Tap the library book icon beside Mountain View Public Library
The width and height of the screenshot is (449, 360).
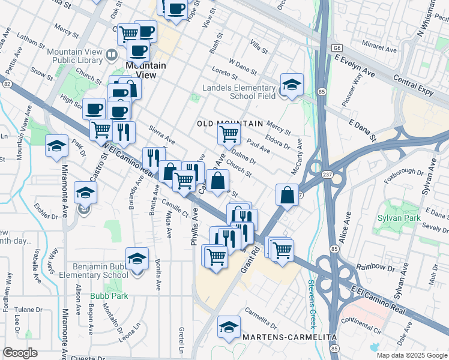tap(112, 56)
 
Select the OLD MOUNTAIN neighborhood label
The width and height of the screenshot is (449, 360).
tap(230, 124)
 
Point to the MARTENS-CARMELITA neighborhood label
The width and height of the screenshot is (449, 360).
tap(289, 337)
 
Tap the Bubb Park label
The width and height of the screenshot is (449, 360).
tap(106, 296)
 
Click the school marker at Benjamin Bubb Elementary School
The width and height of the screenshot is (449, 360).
tap(137, 259)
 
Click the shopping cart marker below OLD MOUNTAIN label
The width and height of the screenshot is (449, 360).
tap(228, 133)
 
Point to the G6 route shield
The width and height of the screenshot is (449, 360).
tap(339, 47)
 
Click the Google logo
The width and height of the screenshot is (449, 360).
tap(20, 353)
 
